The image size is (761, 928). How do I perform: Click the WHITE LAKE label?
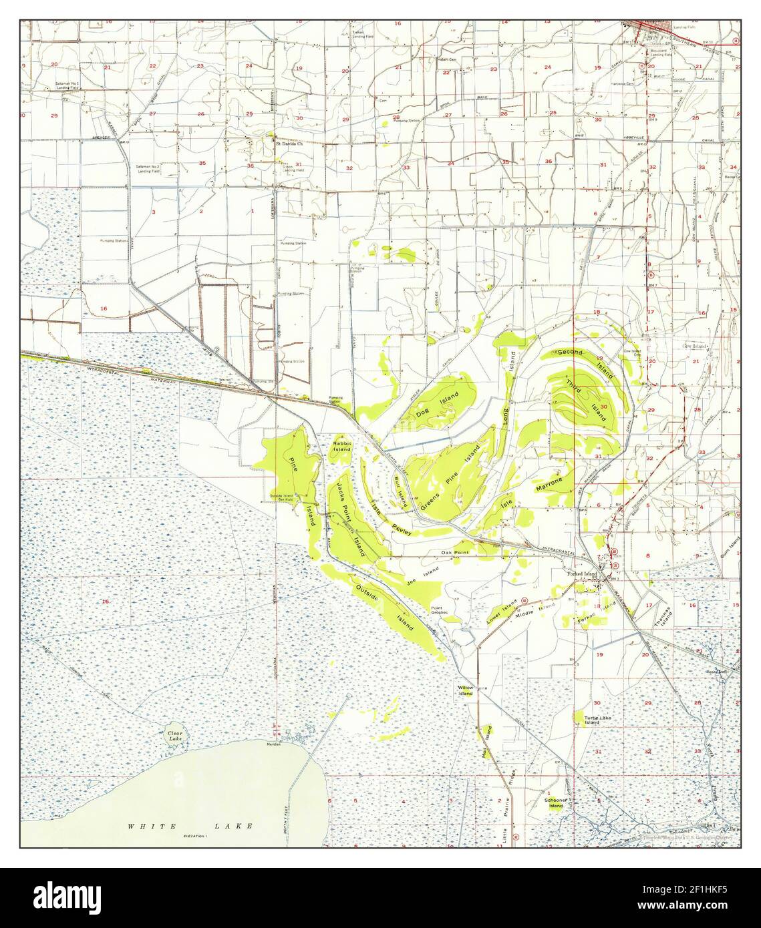tap(190, 826)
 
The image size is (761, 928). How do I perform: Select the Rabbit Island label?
tap(341, 447)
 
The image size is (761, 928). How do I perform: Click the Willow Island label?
tap(465, 690)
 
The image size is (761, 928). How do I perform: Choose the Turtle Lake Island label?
tap(592, 720)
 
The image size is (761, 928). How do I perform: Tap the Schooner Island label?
tap(556, 802)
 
